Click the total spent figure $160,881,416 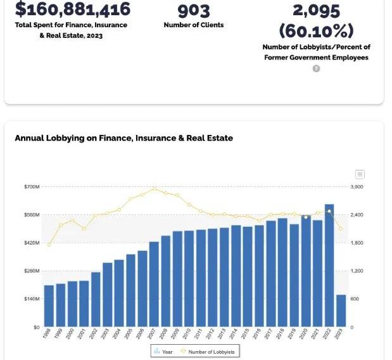coord(72,9)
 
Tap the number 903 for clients coord(193,10)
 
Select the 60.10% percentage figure coord(316,30)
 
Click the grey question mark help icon coord(316,68)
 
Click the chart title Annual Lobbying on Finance coord(123,138)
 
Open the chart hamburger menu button coord(360,174)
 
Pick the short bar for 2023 coord(341,311)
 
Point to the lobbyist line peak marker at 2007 coord(154,188)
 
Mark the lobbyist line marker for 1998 coord(49,245)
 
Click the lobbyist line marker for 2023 coord(341,229)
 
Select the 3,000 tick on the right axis coord(357,187)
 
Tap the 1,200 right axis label coord(356,271)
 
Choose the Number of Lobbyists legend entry coord(209,350)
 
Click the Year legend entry coord(164,350)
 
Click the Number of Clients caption coord(194,25)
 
